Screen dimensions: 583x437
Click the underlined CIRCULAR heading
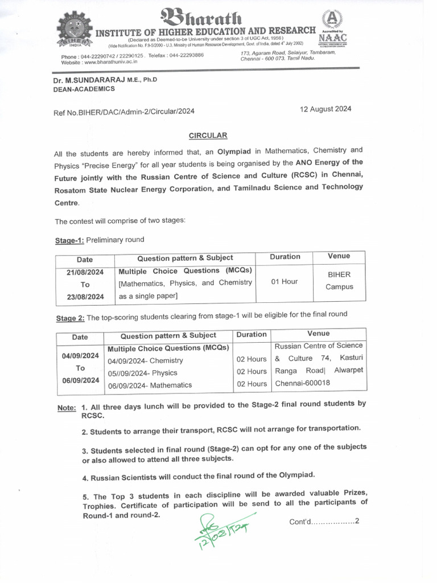tap(208, 136)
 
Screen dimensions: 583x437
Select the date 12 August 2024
tap(325, 109)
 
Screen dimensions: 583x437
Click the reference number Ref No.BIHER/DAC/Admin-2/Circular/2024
tap(124, 112)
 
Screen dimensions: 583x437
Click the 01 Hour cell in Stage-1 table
tap(285, 281)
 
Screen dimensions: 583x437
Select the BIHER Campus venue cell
tap(339, 281)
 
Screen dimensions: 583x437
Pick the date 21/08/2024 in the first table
tap(85, 272)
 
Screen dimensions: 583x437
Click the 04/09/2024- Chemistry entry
tap(145, 360)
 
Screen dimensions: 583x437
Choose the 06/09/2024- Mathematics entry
tap(150, 385)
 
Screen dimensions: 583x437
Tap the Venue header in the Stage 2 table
tap(318, 334)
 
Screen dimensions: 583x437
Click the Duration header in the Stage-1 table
tap(285, 257)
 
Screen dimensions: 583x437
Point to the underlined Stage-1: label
tap(69, 240)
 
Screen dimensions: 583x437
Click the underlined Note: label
tap(67, 408)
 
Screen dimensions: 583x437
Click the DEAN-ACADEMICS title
tap(84, 89)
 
